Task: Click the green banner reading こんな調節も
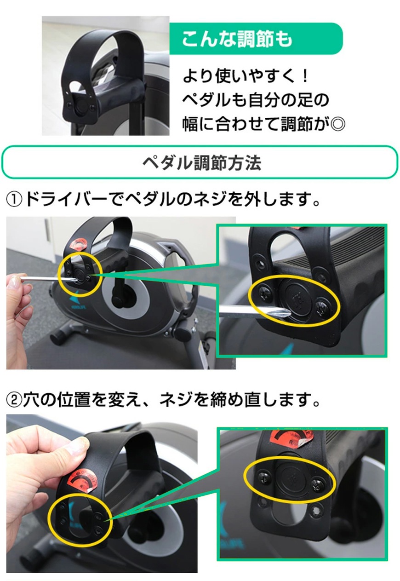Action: (x=256, y=38)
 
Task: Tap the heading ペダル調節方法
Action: (x=202, y=163)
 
